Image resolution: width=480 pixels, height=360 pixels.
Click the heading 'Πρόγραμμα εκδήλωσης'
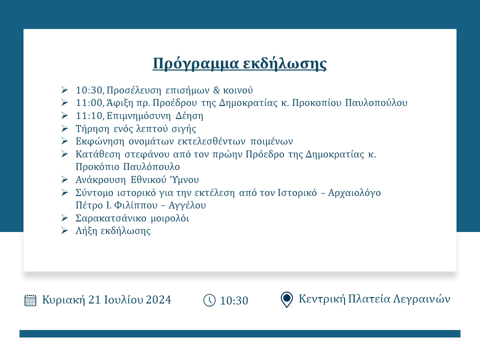click(x=239, y=63)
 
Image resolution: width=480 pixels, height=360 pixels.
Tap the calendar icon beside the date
click(x=30, y=300)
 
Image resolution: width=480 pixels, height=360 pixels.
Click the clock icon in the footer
click(x=209, y=300)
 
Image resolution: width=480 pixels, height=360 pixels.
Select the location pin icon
click(x=286, y=299)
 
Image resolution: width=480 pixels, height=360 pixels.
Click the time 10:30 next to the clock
click(x=234, y=300)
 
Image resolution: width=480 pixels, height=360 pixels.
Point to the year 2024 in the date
click(x=158, y=299)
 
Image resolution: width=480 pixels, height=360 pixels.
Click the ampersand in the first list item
click(x=216, y=90)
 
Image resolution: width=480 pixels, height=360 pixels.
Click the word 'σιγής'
click(x=183, y=129)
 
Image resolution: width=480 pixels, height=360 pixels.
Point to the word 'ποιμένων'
click(x=271, y=141)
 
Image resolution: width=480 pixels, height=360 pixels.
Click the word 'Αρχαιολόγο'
click(x=354, y=193)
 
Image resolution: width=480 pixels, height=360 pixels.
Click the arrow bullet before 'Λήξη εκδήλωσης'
click(x=64, y=230)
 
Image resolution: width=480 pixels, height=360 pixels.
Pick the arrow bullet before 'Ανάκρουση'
click(x=64, y=179)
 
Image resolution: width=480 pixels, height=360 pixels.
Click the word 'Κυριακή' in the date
click(x=63, y=299)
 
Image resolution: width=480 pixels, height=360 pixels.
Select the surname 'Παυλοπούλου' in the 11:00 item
click(x=376, y=103)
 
